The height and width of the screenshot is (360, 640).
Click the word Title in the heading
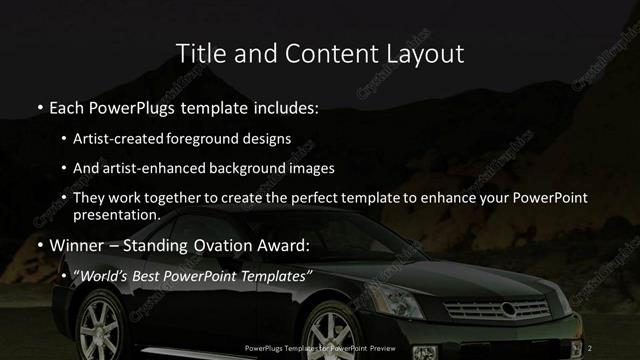tap(197, 52)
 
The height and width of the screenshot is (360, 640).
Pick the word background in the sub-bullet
tap(255, 168)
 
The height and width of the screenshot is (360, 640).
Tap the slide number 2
tap(591, 347)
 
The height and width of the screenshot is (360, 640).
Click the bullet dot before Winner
tap(39, 244)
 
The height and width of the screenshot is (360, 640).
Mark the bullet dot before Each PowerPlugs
tap(39, 105)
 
